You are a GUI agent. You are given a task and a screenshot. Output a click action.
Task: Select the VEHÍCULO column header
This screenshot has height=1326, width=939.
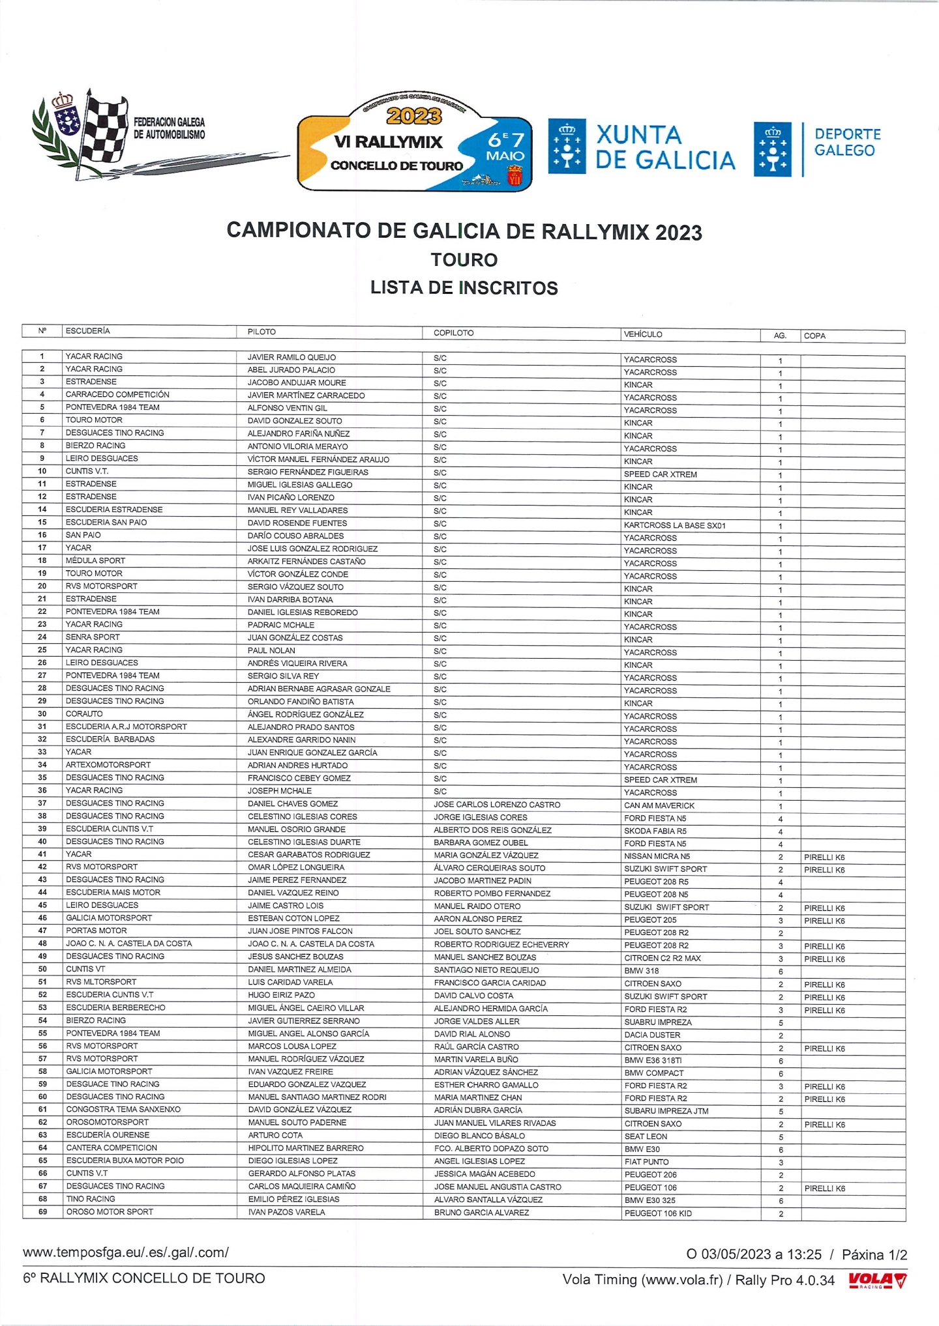pos(643,334)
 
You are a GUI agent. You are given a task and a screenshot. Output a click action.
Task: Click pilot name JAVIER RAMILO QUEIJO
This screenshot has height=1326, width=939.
pos(291,357)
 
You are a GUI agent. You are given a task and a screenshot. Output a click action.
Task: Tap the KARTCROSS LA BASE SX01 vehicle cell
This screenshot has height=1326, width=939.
pos(674,525)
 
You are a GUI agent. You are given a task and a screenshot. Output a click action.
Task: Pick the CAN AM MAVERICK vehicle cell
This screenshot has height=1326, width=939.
pos(659,805)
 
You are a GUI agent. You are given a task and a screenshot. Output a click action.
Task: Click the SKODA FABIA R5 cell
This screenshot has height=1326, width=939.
pos(655,831)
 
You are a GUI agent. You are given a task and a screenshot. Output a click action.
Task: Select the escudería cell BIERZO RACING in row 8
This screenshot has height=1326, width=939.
pos(95,446)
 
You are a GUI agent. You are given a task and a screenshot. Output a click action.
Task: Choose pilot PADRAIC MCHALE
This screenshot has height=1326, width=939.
pos(280,625)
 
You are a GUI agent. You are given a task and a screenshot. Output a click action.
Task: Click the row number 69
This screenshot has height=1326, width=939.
pos(42,1212)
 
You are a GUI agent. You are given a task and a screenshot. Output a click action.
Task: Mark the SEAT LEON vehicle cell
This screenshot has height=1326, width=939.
pos(646,1136)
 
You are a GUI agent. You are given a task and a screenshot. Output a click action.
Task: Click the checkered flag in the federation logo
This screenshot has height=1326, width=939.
pos(104,130)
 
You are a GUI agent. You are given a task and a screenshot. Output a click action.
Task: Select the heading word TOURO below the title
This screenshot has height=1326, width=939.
pos(464,260)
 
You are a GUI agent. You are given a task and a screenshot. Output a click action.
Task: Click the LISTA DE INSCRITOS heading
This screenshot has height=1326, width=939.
pos(464,288)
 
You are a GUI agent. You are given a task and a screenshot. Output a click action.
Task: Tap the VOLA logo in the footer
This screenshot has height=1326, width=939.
pos(877,1280)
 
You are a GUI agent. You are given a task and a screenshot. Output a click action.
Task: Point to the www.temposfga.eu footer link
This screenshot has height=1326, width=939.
pos(126,1252)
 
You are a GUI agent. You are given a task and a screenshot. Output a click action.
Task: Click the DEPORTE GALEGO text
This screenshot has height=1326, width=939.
pos(847,142)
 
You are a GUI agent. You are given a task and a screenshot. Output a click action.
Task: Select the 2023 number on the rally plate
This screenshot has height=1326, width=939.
pos(414,116)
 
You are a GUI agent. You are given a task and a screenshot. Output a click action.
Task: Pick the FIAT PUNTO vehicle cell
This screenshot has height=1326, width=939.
pos(646,1162)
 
